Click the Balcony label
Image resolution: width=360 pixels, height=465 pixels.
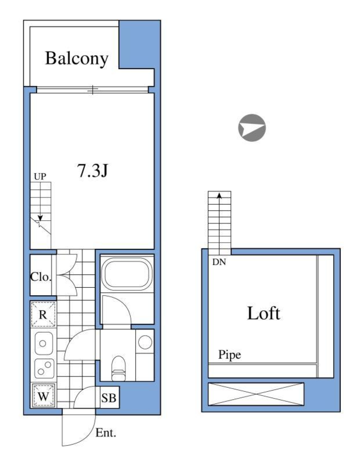click(76, 58)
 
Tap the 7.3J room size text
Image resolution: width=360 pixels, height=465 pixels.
click(93, 171)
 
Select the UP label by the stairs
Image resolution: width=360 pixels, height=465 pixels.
click(40, 176)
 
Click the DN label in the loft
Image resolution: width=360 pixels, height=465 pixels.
click(219, 262)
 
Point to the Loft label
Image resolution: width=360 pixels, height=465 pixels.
click(264, 313)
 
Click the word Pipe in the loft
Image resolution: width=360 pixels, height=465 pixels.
click(229, 355)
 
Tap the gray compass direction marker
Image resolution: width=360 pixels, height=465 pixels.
click(252, 128)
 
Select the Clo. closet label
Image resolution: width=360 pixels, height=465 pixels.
click(40, 277)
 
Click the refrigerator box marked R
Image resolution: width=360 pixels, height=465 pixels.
click(43, 314)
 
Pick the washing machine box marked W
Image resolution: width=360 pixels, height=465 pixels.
click(43, 396)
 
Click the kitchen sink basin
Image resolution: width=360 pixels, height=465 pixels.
click(43, 343)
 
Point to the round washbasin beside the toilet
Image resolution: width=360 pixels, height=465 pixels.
click(145, 342)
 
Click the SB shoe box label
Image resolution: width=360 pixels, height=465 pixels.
click(109, 397)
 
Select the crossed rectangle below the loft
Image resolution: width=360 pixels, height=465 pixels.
click(256, 394)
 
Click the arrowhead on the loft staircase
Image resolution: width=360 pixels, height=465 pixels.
click(219, 195)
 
